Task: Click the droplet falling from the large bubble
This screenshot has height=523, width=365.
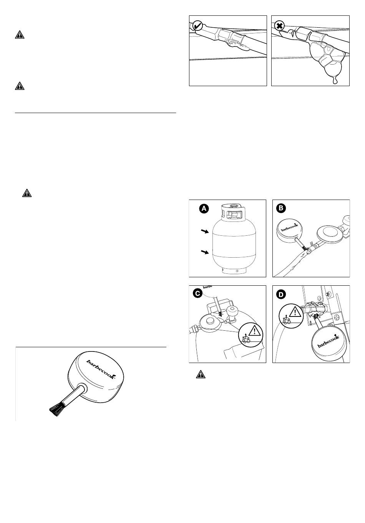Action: coord(335,81)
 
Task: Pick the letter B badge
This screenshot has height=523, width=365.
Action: coord(282,208)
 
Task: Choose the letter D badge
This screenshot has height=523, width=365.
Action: coord(282,294)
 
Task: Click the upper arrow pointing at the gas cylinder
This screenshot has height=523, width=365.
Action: coord(204,232)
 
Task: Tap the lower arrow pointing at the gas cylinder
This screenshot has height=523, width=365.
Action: coord(204,252)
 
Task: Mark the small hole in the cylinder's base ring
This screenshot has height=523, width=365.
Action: coord(237,271)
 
